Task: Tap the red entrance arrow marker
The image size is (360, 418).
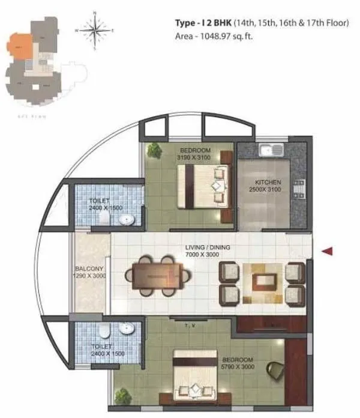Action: (327, 252)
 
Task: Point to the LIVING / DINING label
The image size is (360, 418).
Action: (207, 247)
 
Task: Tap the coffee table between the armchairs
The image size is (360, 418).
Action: (262, 283)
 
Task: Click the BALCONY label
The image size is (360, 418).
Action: (90, 268)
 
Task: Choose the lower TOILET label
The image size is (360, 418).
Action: (100, 347)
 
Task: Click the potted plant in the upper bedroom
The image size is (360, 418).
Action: (155, 151)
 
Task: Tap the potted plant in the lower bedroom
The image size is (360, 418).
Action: (123, 396)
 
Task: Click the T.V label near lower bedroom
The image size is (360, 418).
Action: (191, 325)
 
